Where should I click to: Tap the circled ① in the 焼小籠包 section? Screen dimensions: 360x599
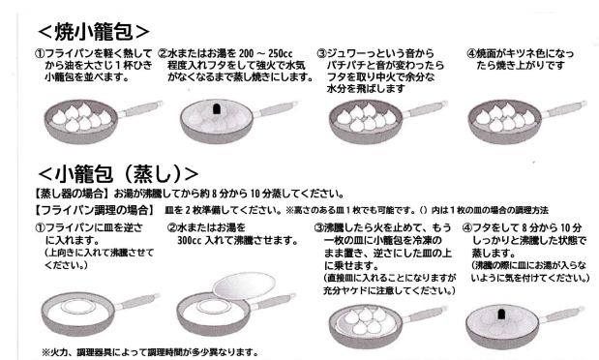[x=40, y=53]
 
